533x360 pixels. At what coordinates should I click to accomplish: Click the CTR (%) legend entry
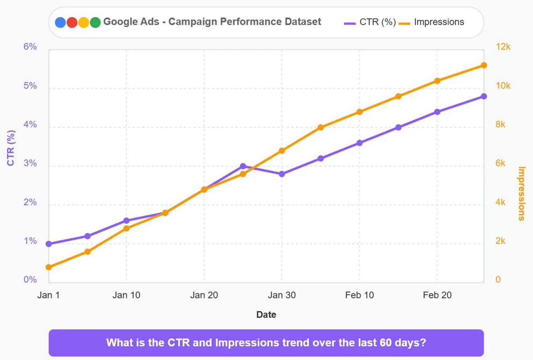pyautogui.click(x=370, y=22)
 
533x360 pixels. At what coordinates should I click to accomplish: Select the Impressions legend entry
pyautogui.click(x=432, y=22)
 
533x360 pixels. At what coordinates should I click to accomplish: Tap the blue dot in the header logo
pyautogui.click(x=60, y=22)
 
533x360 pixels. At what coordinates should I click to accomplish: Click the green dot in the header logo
pyautogui.click(x=95, y=22)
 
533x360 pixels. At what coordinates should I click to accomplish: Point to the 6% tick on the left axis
pyautogui.click(x=30, y=47)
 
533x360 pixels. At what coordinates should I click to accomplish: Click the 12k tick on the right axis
pyautogui.click(x=502, y=47)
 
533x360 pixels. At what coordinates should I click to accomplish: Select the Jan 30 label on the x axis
pyautogui.click(x=282, y=295)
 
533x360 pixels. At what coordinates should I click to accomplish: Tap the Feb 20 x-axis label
pyautogui.click(x=437, y=295)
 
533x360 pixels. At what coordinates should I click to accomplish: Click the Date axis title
pyautogui.click(x=266, y=315)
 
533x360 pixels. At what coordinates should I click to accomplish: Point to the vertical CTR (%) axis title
pyautogui.click(x=11, y=148)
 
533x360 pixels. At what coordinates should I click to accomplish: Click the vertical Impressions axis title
pyautogui.click(x=521, y=194)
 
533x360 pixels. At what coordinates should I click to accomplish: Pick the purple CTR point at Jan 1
pyautogui.click(x=49, y=244)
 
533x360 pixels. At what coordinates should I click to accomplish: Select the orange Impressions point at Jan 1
pyautogui.click(x=49, y=267)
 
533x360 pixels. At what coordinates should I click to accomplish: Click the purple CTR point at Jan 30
pyautogui.click(x=282, y=174)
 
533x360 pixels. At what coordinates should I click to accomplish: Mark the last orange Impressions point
pyautogui.click(x=484, y=65)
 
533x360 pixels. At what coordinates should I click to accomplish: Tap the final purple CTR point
pyautogui.click(x=484, y=96)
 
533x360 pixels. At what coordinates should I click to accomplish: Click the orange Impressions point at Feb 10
pyautogui.click(x=359, y=112)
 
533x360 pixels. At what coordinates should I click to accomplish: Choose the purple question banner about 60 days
pyautogui.click(x=266, y=343)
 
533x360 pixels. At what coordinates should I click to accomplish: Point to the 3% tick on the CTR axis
pyautogui.click(x=30, y=164)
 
